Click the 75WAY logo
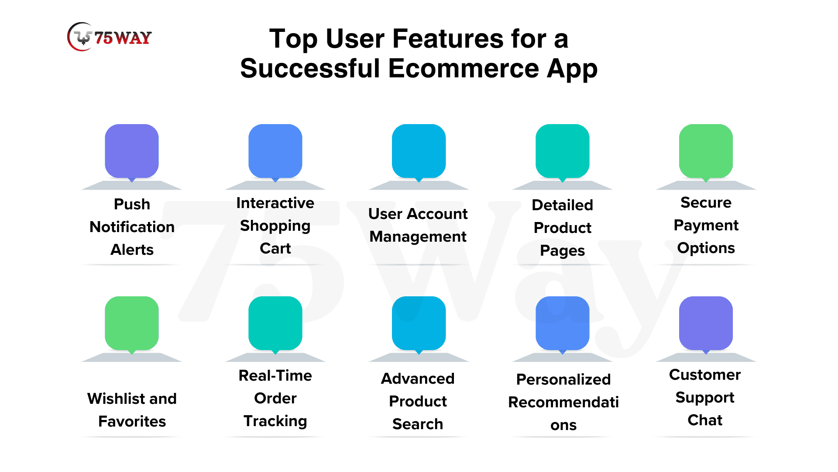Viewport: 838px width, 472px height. pyautogui.click(x=110, y=37)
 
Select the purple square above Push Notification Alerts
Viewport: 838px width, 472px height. pyautogui.click(x=132, y=151)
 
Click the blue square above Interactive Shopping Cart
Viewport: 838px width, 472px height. pyautogui.click(x=275, y=151)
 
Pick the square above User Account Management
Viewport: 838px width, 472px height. pyautogui.click(x=419, y=151)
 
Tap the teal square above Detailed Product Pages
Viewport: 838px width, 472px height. pyautogui.click(x=563, y=151)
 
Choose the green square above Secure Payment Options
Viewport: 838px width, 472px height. pyautogui.click(x=706, y=151)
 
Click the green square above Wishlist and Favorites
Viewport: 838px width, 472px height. pyautogui.click(x=132, y=323)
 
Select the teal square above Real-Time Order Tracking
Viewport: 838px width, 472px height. pyautogui.click(x=275, y=323)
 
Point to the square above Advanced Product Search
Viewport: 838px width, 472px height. pyautogui.click(x=419, y=323)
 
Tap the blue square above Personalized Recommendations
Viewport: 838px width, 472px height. pyautogui.click(x=563, y=323)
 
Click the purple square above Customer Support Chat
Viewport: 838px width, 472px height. pyautogui.click(x=706, y=323)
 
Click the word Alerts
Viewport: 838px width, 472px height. pyautogui.click(x=132, y=250)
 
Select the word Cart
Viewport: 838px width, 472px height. pyautogui.click(x=275, y=248)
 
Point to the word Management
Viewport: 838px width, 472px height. pyautogui.click(x=418, y=236)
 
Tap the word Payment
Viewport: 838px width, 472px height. pyautogui.click(x=706, y=226)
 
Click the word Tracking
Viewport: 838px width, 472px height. pyautogui.click(x=275, y=421)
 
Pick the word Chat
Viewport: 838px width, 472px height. pyautogui.click(x=705, y=420)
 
